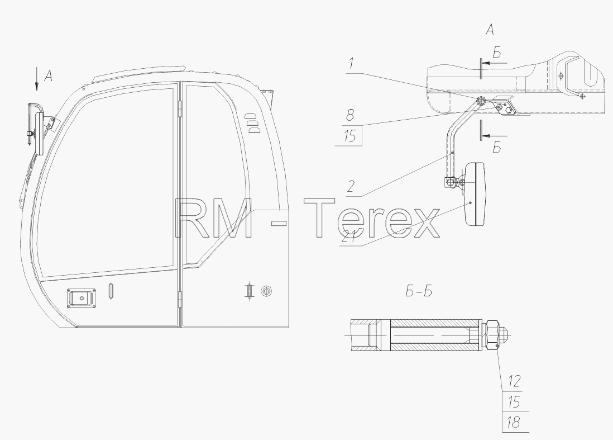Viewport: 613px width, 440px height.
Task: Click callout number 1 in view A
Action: tap(352, 64)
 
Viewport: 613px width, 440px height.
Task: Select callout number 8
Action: tap(350, 115)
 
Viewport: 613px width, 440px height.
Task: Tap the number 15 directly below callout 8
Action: tap(350, 136)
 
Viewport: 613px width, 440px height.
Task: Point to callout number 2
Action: tap(351, 186)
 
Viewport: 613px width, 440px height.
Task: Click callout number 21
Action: tap(349, 236)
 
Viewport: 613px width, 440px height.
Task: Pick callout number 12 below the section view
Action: tap(514, 381)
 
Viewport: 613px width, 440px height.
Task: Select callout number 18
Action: tap(513, 422)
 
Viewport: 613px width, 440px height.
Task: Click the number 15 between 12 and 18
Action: tap(514, 401)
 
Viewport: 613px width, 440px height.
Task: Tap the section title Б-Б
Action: tap(419, 292)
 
